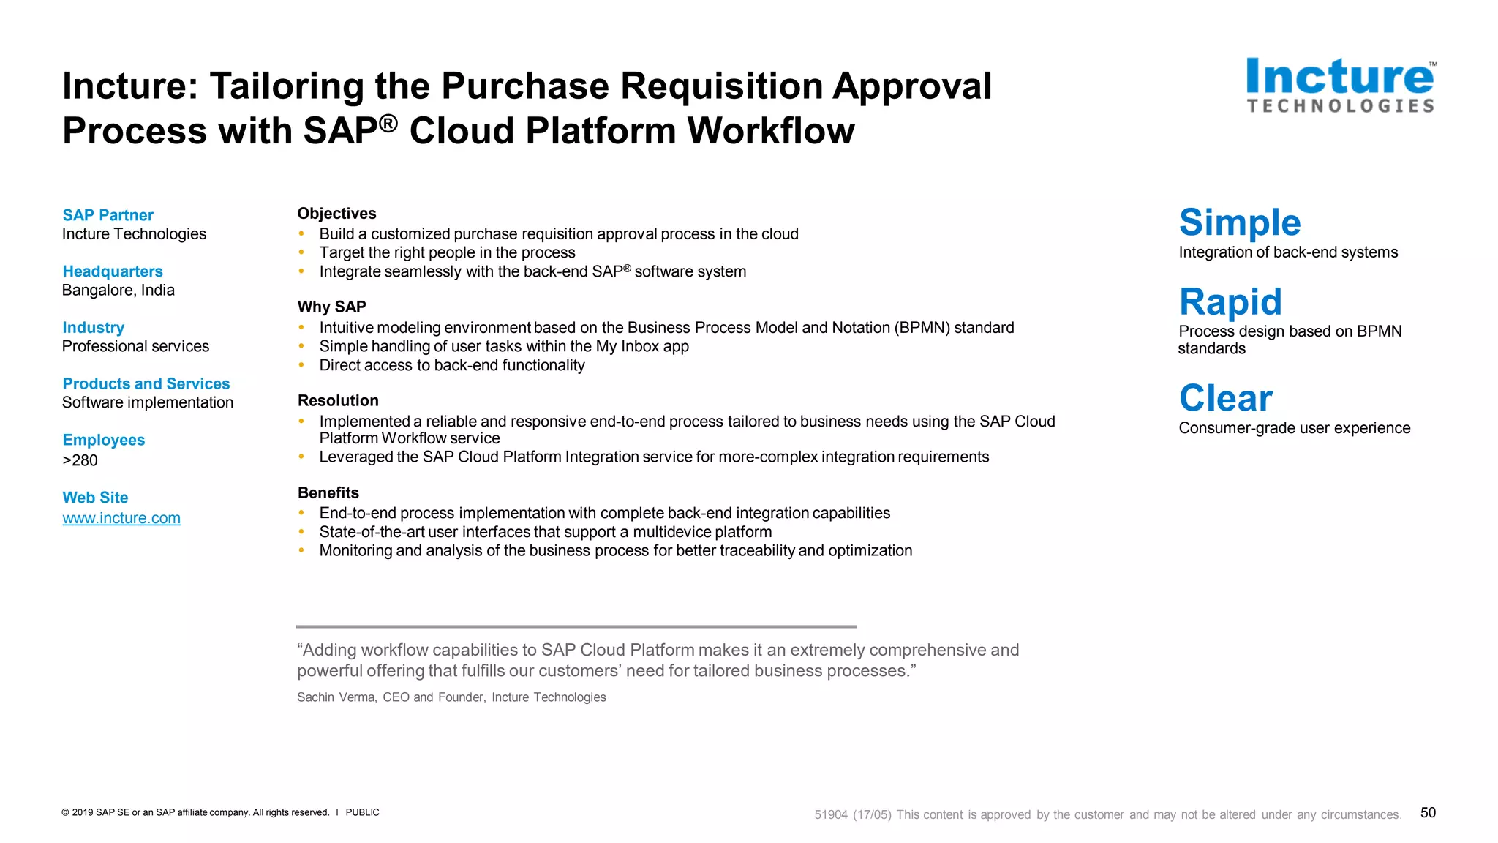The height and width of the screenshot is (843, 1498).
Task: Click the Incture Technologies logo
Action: (x=1340, y=86)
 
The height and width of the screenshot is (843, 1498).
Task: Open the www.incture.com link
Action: (x=121, y=518)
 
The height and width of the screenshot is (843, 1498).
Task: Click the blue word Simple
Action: (x=1240, y=222)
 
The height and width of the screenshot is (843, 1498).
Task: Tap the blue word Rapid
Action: (x=1230, y=301)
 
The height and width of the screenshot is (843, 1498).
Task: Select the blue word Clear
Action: (x=1225, y=399)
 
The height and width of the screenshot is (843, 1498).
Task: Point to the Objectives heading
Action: (x=336, y=214)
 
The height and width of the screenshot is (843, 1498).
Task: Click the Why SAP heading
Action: (x=331, y=307)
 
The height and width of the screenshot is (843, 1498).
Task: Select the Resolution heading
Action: (x=338, y=400)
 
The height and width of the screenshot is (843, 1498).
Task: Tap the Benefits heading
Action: (x=328, y=492)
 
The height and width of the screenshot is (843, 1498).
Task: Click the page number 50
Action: (x=1428, y=812)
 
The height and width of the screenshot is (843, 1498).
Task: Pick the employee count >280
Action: (x=80, y=460)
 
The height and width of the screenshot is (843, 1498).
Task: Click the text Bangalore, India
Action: (x=118, y=291)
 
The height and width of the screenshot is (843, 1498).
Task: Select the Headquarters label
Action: (x=113, y=271)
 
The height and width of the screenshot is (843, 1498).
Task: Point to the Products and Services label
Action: (x=146, y=383)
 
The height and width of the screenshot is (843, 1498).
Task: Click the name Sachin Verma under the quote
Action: (x=336, y=697)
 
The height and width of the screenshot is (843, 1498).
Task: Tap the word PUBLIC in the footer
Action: (x=362, y=812)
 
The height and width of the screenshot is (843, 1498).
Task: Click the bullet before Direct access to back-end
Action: (x=301, y=365)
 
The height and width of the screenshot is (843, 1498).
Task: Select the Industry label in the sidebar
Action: (x=93, y=328)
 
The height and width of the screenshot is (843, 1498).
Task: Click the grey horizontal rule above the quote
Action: (x=576, y=626)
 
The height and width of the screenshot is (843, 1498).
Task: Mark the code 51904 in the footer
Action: (x=831, y=815)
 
